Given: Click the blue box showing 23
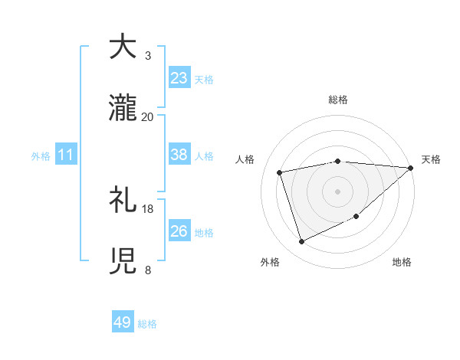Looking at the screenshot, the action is click(x=179, y=78).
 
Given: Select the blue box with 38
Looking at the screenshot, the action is click(x=179, y=155).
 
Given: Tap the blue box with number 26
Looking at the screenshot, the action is click(x=179, y=231).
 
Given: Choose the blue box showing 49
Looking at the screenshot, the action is click(x=123, y=322).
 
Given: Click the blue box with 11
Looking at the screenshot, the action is click(x=65, y=155).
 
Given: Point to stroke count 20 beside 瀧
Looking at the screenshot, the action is click(x=148, y=117).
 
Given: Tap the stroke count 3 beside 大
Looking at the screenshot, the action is click(x=148, y=56).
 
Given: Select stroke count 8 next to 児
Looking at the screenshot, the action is click(x=148, y=270).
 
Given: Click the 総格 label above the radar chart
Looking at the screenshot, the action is click(x=338, y=100).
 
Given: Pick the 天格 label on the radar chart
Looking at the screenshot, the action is click(x=431, y=159).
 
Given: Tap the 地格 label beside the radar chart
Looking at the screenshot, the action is click(x=402, y=262).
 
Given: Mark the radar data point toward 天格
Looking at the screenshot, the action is click(x=410, y=168).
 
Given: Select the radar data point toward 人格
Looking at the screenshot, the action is click(x=281, y=172).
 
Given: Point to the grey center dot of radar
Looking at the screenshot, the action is click(x=338, y=191).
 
